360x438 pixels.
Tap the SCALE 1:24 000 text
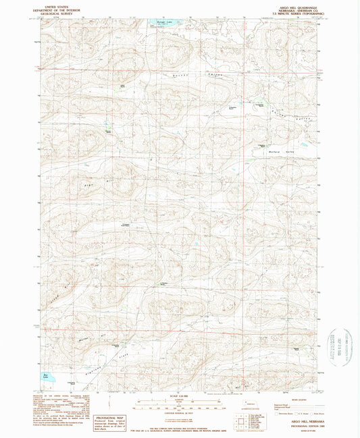180,395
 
